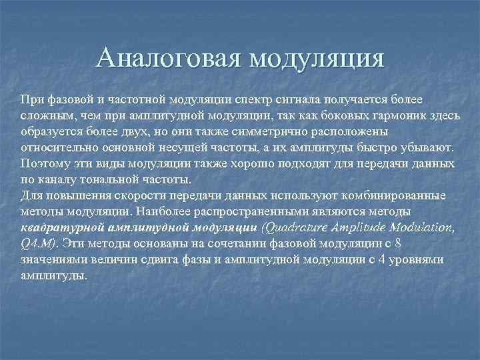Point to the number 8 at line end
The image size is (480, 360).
pos(399,243)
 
